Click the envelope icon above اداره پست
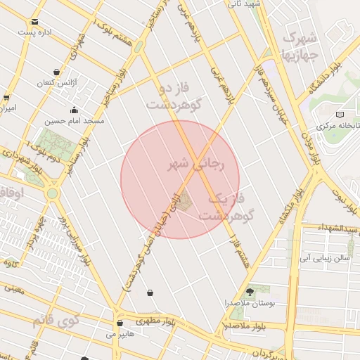pyautogui.click(x=35, y=22)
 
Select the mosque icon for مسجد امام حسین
pyautogui.click(x=74, y=110)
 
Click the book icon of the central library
pyautogui.click(x=340, y=114)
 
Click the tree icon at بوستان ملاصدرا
pyautogui.click(x=250, y=291)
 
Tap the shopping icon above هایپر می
pyautogui.click(x=120, y=323)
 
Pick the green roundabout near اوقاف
pyautogui.click(x=51, y=193)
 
